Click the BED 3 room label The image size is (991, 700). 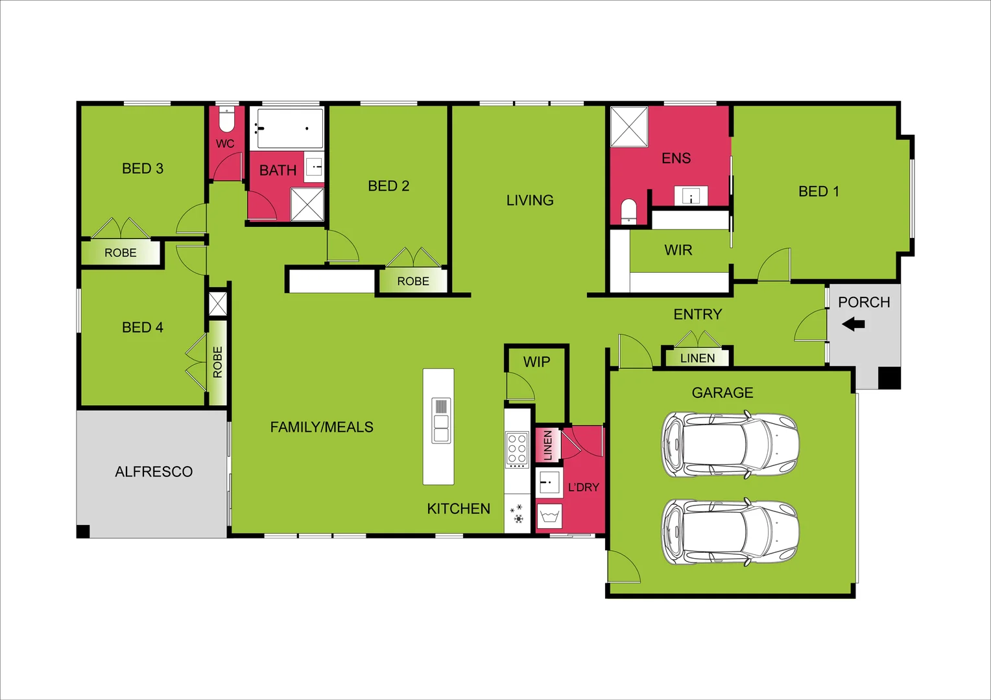click(143, 169)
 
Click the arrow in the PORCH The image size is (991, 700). click(854, 324)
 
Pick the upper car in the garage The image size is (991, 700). click(730, 445)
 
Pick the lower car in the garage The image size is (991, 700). click(730, 532)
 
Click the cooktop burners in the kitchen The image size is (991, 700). click(517, 449)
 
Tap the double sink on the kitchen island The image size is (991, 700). click(441, 421)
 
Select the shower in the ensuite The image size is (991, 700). click(629, 127)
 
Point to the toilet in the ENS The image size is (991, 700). click(628, 211)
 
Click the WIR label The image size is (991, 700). click(678, 250)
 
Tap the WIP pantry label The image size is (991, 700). click(536, 362)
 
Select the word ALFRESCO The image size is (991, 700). click(154, 472)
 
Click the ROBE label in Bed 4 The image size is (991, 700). click(218, 362)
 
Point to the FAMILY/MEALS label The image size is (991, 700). click(322, 427)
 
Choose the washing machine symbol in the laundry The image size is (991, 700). click(549, 516)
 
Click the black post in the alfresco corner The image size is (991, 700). click(83, 531)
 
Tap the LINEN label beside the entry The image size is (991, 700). click(697, 358)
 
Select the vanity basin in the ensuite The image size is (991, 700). click(691, 196)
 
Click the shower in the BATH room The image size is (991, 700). click(307, 205)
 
